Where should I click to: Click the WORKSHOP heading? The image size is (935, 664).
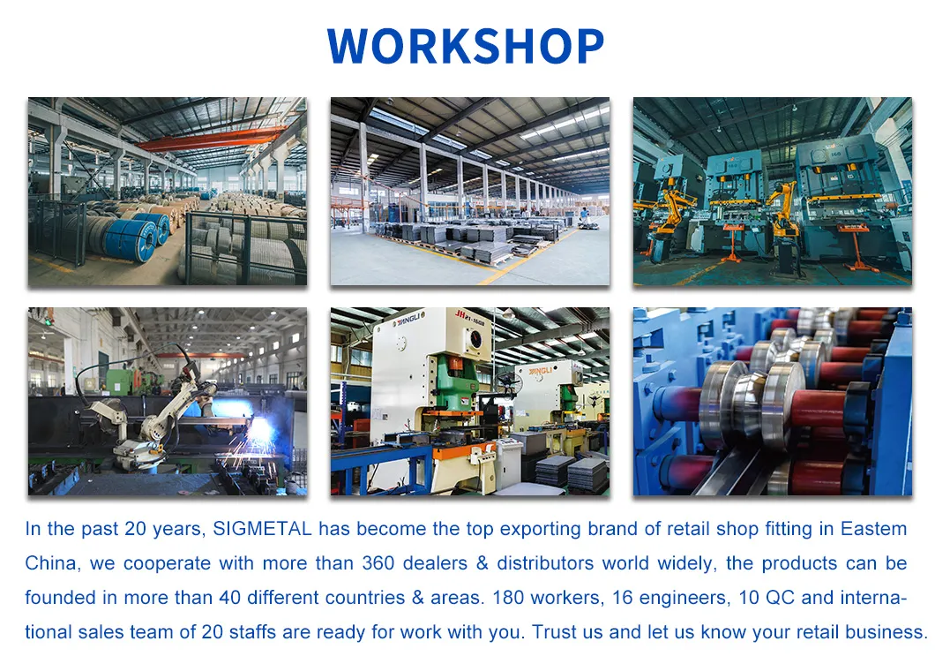pos(466,46)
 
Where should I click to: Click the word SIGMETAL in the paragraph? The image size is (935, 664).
pos(262,529)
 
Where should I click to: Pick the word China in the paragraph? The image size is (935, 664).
pos(51,564)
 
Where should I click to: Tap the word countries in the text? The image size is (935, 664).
pos(365,599)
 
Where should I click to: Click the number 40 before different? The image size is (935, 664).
pos(229,599)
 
